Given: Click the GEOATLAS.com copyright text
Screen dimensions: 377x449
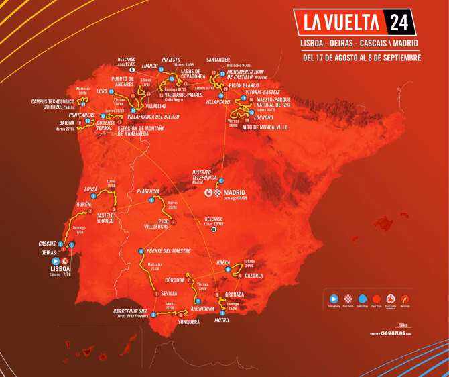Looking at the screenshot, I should point(389,333).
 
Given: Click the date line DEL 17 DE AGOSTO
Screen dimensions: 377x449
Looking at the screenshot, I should point(362,57).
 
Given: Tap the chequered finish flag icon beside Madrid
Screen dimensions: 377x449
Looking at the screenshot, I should point(217,193).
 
